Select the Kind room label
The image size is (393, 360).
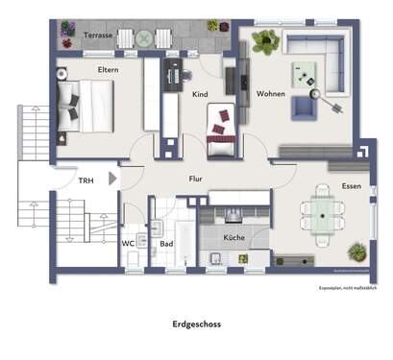201,94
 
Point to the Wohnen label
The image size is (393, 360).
270,94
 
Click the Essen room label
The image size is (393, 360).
351,186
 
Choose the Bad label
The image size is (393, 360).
165,243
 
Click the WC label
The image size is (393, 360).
128,243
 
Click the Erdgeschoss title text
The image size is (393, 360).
196,324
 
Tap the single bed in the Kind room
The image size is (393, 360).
222,124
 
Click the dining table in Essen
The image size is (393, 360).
317,211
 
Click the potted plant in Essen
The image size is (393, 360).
356,252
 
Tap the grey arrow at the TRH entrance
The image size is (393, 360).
113,178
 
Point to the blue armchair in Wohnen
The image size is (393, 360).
304,107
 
